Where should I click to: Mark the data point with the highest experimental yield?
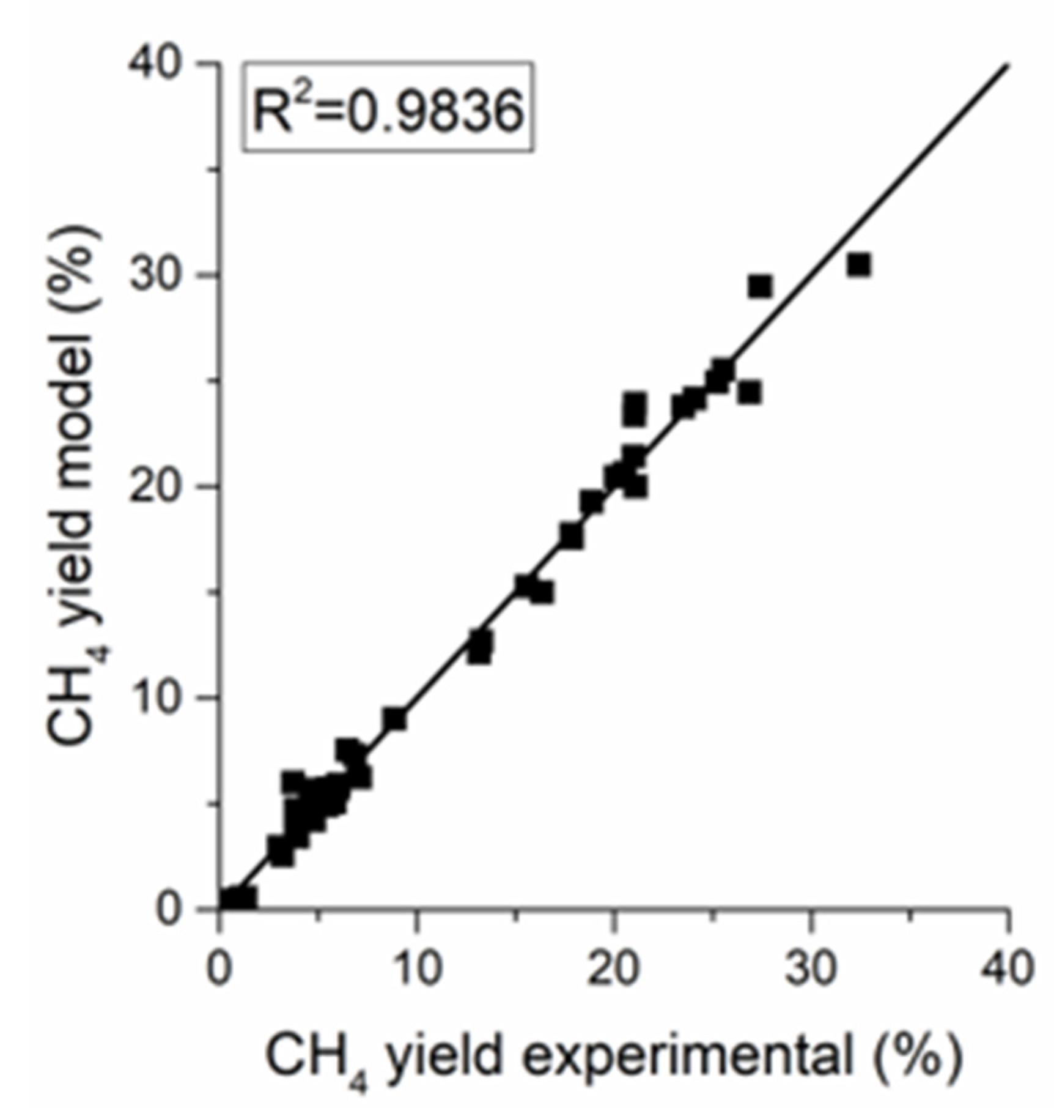tap(859, 266)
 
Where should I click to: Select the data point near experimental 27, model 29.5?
tap(761, 286)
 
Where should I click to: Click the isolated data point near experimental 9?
tap(395, 719)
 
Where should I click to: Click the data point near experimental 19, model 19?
tap(591, 502)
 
